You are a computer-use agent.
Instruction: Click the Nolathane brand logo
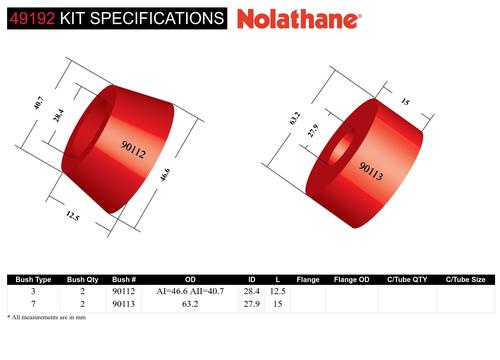point(299,19)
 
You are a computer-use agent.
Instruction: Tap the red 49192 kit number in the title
point(32,18)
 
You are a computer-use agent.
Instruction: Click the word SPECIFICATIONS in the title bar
point(157,18)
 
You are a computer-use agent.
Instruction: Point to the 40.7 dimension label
point(38,103)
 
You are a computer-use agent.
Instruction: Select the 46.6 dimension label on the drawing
point(165,175)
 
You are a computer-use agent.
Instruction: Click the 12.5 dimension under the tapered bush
point(73,216)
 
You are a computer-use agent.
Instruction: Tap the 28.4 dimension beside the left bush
point(58,115)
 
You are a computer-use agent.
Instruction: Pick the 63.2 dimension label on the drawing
point(295,119)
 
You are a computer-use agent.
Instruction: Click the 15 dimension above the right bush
point(405,101)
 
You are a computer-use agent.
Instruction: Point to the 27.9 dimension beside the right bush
point(313,130)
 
